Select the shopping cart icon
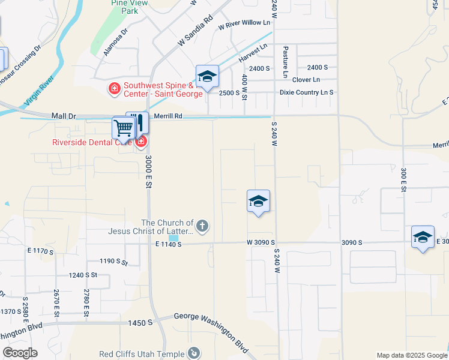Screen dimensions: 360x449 pyautogui.click(x=123, y=127)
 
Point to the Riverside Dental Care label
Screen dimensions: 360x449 pyautogui.click(x=92, y=142)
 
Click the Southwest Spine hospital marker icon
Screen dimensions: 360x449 pyautogui.click(x=113, y=89)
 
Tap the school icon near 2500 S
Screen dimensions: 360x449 pyautogui.click(x=207, y=76)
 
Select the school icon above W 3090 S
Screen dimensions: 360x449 pyautogui.click(x=258, y=201)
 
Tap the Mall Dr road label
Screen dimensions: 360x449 pyautogui.click(x=66, y=115)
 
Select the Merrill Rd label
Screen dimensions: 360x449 pyautogui.click(x=167, y=115)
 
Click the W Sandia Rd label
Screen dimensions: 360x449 pyautogui.click(x=196, y=32)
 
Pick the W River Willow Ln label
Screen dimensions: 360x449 pyautogui.click(x=245, y=23)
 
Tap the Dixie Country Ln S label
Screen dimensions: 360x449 pyautogui.click(x=306, y=92)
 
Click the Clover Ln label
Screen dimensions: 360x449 pyautogui.click(x=307, y=80)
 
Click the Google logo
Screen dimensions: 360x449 pyautogui.click(x=20, y=353)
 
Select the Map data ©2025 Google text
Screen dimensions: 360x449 pyautogui.click(x=411, y=355)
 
